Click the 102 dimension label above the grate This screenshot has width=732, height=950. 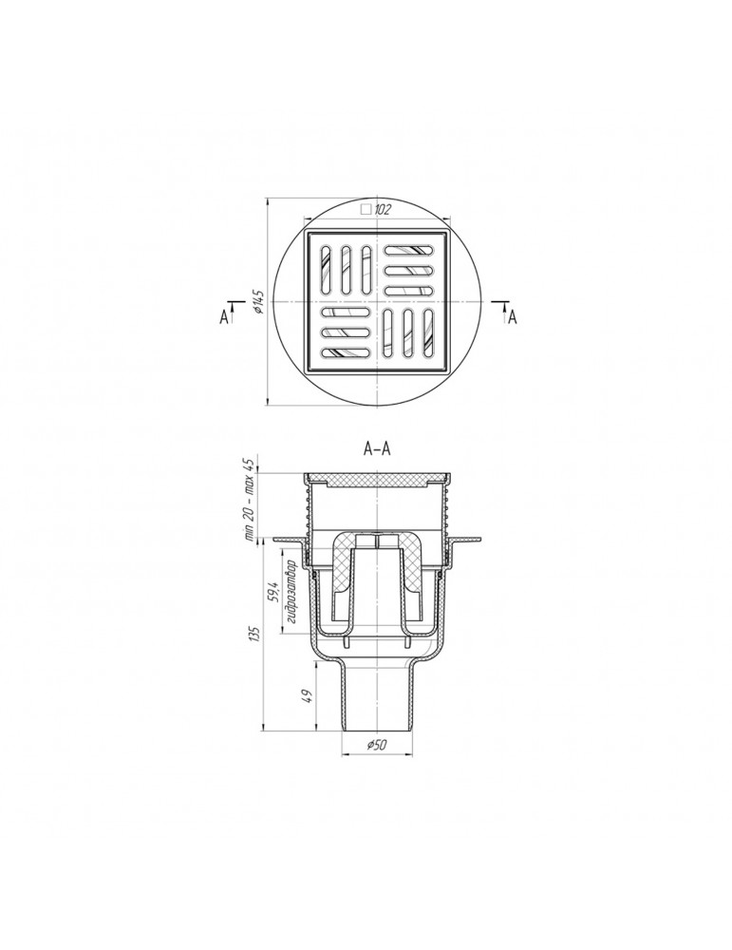click(x=383, y=210)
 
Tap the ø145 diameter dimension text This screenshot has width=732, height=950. click(x=258, y=301)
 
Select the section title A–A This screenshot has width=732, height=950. click(x=377, y=449)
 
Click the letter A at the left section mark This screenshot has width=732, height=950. click(x=224, y=316)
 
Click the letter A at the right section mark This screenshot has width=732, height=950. click(x=513, y=316)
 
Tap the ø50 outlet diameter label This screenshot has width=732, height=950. click(x=377, y=745)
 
